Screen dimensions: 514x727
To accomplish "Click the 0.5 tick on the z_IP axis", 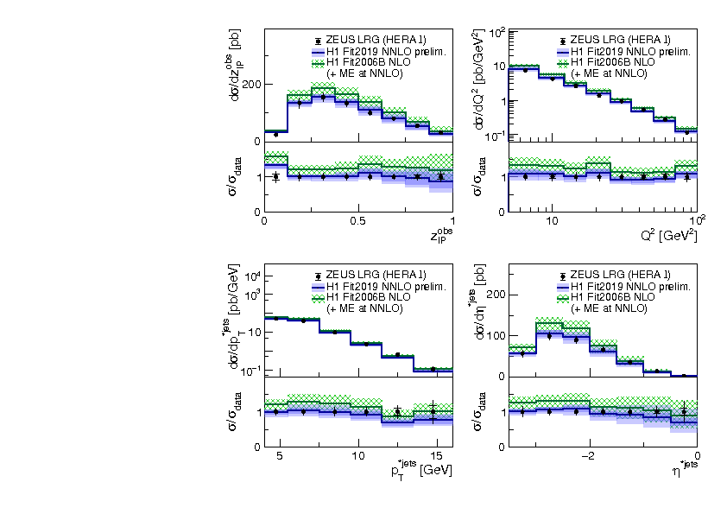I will [357, 220].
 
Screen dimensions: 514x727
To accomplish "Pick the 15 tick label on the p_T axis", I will [437, 455].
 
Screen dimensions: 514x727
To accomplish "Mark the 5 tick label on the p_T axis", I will [279, 455].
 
